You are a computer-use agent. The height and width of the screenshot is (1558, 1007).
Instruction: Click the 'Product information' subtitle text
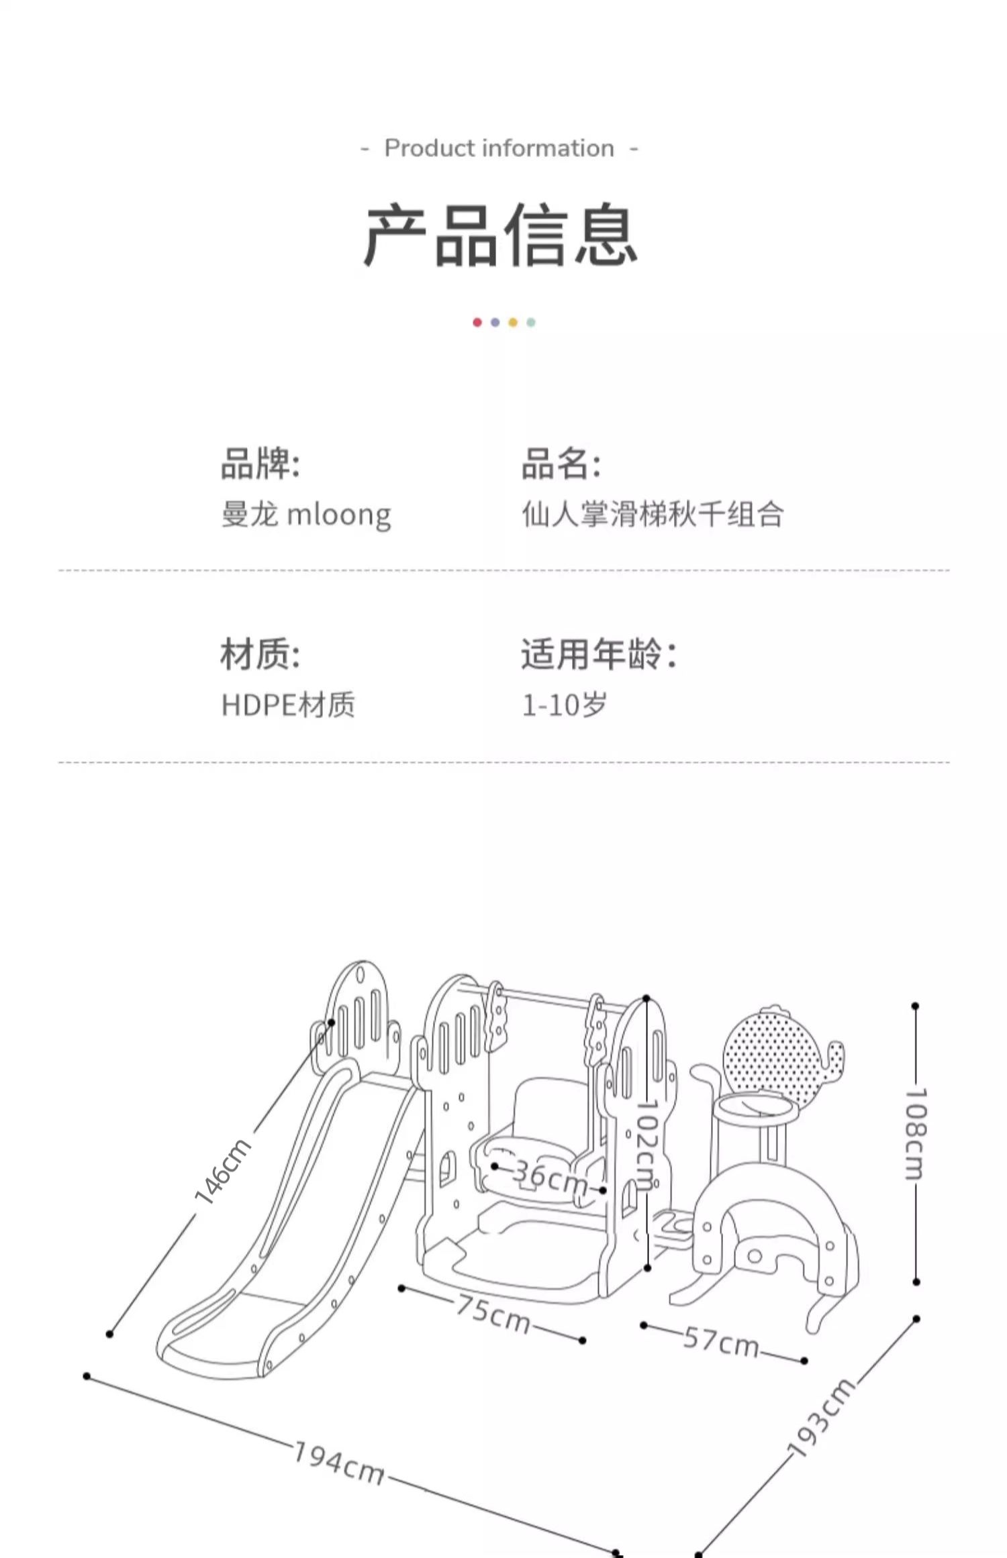tap(499, 148)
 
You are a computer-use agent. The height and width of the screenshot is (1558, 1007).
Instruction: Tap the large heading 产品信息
tap(501, 235)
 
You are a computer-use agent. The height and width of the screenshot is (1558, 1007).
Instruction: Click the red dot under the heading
tap(477, 323)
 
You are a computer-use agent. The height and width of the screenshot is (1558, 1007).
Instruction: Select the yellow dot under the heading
tap(513, 323)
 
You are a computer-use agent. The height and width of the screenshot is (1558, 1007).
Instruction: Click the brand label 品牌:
tap(260, 464)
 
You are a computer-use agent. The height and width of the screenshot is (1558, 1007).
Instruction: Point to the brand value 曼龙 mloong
tap(306, 515)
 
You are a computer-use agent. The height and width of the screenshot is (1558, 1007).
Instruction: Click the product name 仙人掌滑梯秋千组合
tap(653, 515)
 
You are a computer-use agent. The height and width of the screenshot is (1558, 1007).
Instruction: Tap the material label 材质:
tap(260, 654)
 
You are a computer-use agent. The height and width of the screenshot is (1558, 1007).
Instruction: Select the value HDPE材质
tap(288, 705)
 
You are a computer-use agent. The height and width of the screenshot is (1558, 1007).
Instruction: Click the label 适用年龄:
tap(599, 654)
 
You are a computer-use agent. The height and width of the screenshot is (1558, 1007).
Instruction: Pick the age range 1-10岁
tap(565, 705)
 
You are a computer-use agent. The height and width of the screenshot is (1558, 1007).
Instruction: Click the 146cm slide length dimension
tap(222, 1172)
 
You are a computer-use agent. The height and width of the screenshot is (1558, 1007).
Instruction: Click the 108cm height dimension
tap(916, 1134)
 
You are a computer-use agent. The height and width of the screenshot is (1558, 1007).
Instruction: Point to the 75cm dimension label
tap(493, 1314)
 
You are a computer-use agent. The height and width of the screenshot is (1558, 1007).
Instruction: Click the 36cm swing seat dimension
tap(550, 1178)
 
